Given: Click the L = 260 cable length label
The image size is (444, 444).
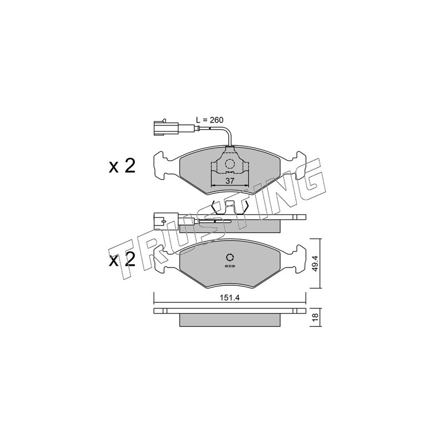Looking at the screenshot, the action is [210, 120].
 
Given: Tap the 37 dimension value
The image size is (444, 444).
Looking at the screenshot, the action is [230, 181].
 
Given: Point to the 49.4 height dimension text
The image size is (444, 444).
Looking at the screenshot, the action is [315, 263].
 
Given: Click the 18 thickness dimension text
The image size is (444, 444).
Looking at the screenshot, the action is [316, 316].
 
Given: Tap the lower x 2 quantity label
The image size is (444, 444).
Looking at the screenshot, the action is [122, 259].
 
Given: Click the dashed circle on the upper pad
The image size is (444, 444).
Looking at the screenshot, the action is [230, 164].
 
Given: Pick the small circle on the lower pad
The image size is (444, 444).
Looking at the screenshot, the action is [230, 257].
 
